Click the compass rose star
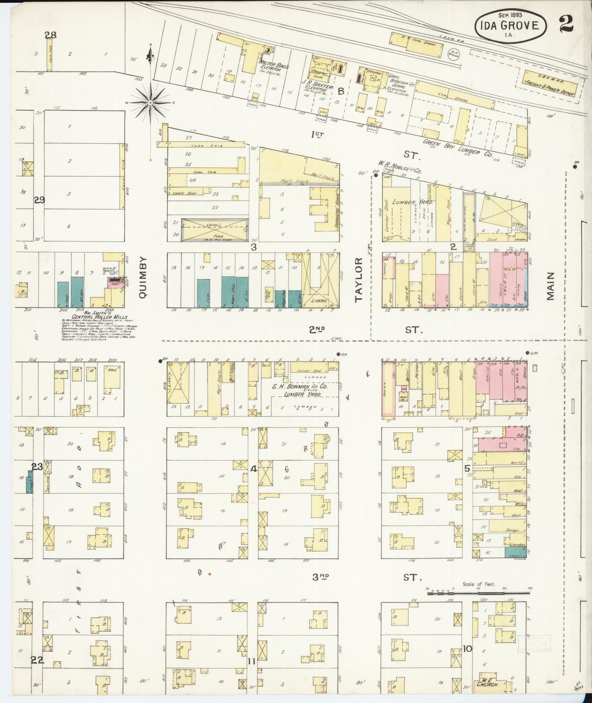150,101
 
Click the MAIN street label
550,285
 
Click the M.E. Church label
487,685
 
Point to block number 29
39,200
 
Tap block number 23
37,466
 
